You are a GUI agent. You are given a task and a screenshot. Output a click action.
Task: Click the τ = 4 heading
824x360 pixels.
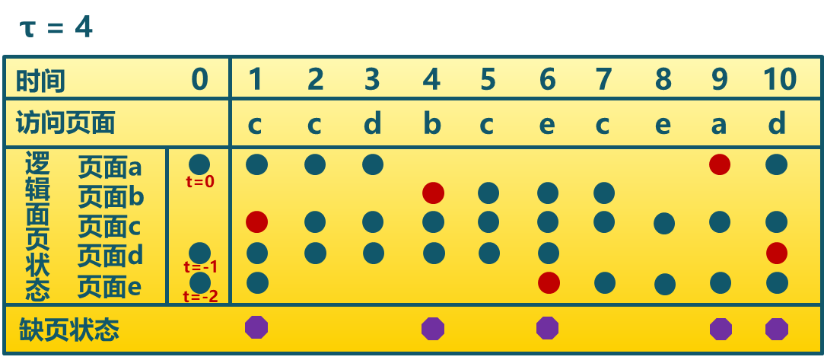(x=56, y=28)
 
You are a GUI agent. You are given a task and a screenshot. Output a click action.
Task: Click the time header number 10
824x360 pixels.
(x=779, y=79)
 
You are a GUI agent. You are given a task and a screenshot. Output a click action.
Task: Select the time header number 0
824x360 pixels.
(x=199, y=79)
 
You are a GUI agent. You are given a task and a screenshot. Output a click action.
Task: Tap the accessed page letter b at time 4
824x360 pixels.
(x=432, y=123)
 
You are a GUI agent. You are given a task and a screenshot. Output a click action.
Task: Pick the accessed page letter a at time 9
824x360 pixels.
(x=718, y=123)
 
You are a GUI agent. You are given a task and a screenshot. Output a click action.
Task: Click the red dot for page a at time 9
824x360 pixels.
(x=720, y=164)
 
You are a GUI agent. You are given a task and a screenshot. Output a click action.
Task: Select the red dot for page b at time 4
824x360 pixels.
(x=433, y=193)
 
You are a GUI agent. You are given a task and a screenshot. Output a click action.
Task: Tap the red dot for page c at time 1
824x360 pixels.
(x=257, y=222)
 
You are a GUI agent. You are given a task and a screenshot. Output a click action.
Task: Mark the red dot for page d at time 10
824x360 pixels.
(x=777, y=253)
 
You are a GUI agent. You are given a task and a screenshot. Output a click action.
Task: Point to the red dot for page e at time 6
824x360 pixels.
(x=549, y=282)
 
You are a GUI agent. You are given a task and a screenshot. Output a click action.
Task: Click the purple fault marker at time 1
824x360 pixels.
(x=256, y=327)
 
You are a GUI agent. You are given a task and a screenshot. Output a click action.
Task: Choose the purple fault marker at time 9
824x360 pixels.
(x=721, y=329)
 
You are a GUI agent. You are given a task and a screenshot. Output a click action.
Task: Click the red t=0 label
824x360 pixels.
(x=200, y=182)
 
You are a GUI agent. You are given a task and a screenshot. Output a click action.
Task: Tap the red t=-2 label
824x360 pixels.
(x=200, y=297)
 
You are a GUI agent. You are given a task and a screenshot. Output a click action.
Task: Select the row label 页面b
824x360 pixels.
(x=111, y=197)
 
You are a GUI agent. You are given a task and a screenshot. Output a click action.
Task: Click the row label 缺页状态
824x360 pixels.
(x=69, y=330)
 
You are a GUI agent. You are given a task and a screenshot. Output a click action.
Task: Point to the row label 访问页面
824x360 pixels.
(x=65, y=123)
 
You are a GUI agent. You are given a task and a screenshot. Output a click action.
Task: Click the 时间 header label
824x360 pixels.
(x=40, y=80)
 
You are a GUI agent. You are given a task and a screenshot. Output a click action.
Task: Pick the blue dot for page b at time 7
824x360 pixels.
(x=604, y=193)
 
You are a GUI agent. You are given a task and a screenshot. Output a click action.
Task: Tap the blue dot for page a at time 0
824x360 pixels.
(x=199, y=164)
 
